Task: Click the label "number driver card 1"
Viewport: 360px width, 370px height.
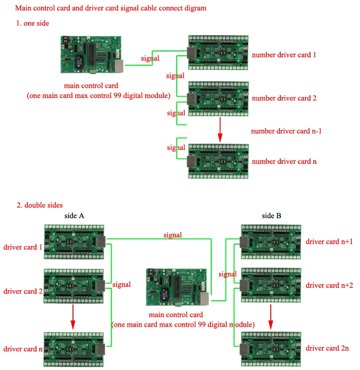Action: tap(284, 55)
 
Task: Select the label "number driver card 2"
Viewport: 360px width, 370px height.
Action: tap(284, 98)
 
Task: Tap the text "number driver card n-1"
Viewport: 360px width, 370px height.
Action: tap(287, 131)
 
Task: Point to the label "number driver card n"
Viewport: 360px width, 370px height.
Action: tap(284, 161)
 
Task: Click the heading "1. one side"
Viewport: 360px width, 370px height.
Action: tap(33, 23)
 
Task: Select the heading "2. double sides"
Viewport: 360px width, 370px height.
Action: tap(40, 205)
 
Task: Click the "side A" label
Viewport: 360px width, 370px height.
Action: tap(74, 216)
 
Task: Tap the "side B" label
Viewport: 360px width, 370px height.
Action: tap(272, 216)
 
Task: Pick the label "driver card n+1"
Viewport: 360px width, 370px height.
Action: tap(329, 241)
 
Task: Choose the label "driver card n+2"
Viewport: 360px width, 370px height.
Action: tap(329, 285)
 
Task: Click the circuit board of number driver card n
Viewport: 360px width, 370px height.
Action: tap(217, 161)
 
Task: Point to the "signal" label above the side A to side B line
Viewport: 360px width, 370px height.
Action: tap(172, 235)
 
